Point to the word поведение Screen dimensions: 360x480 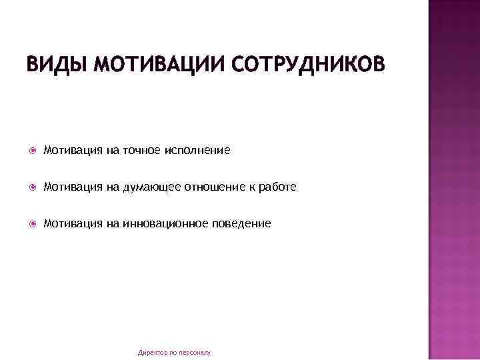242,224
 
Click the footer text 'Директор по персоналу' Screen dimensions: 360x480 174,351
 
